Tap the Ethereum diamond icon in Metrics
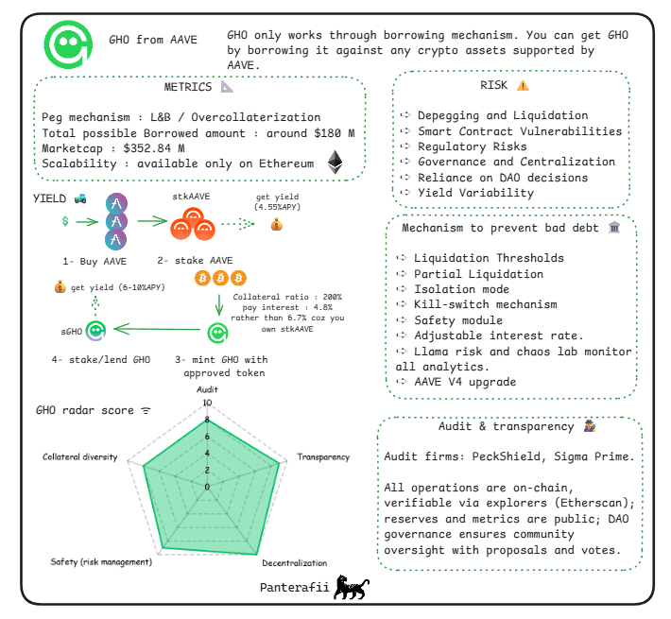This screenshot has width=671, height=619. point(334,162)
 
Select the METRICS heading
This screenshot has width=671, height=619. point(188,87)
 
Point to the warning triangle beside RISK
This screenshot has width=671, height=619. point(523,85)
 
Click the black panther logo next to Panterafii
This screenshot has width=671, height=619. point(352,587)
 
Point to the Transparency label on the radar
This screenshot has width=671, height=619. point(323,456)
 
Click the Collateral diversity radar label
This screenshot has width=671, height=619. point(80,456)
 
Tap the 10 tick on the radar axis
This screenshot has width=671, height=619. point(208,402)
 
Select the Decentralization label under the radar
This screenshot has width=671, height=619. point(294,563)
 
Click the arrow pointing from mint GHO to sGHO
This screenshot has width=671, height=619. point(155,331)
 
